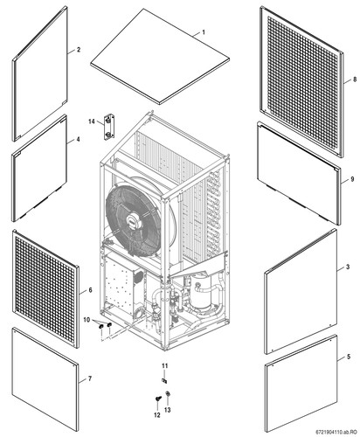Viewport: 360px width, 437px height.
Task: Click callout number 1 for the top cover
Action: [x=204, y=32]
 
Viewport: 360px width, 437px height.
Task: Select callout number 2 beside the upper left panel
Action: [x=79, y=50]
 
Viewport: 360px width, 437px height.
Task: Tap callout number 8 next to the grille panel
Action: [x=355, y=80]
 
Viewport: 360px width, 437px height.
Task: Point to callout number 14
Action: [x=92, y=121]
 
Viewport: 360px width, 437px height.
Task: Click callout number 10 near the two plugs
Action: [x=87, y=320]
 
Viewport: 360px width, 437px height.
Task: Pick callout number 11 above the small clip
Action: [x=165, y=366]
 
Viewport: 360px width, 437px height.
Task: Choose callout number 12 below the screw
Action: [x=157, y=415]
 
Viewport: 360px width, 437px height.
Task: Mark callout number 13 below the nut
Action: [x=167, y=410]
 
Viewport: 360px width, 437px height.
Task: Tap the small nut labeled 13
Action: [x=168, y=394]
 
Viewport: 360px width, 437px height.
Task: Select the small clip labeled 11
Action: [x=164, y=380]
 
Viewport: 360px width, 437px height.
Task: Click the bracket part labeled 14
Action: [x=109, y=128]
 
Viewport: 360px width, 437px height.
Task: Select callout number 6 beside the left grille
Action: [x=90, y=290]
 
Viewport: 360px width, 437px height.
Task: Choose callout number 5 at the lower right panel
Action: [x=349, y=357]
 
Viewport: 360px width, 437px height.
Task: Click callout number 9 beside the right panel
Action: [x=352, y=179]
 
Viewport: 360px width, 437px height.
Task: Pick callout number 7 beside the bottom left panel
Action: [x=90, y=378]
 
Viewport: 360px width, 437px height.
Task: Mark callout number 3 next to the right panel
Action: [x=348, y=267]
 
